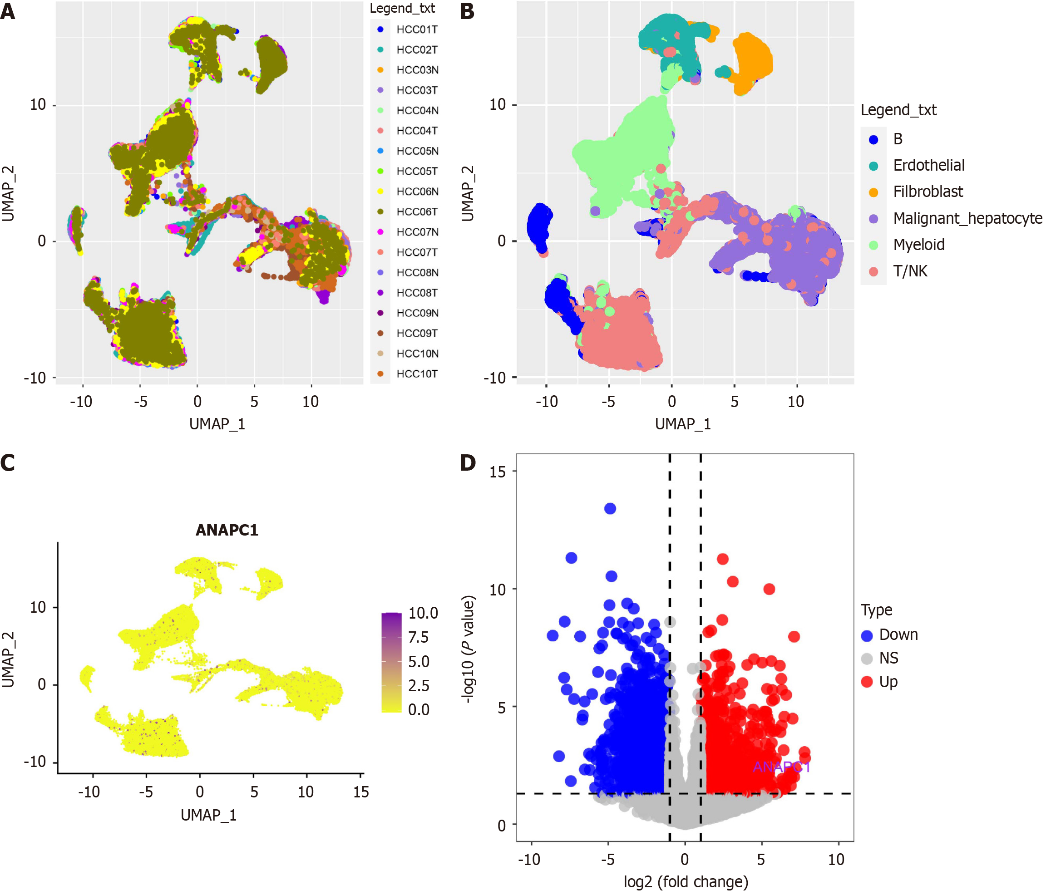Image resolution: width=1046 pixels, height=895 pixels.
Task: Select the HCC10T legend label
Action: (x=416, y=374)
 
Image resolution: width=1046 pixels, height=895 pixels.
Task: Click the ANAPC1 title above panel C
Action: (x=227, y=530)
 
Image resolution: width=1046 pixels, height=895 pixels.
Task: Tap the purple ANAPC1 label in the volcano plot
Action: (x=781, y=767)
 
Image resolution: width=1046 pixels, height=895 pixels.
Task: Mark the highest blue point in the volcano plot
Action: (x=610, y=508)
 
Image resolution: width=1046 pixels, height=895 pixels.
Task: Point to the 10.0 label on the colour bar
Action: (x=423, y=613)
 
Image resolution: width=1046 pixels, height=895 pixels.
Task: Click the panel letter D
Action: (x=468, y=463)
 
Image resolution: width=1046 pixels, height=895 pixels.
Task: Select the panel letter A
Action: (x=8, y=11)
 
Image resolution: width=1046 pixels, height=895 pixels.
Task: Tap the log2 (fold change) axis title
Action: (x=686, y=881)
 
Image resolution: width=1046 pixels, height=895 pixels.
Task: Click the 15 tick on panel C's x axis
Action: (x=361, y=792)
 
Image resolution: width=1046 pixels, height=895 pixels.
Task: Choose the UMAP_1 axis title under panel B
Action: (x=682, y=424)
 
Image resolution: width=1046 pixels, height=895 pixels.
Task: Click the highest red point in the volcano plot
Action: (x=722, y=559)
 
